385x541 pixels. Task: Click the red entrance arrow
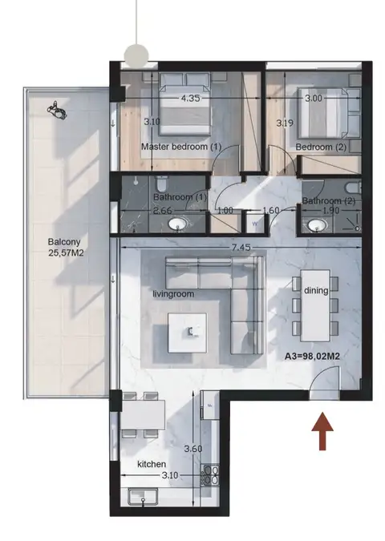pos(322,431)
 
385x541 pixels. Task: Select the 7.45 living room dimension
pos(241,248)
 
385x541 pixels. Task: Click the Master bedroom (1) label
pos(181,147)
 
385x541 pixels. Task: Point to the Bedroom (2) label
pos(321,147)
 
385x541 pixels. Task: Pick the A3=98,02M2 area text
pos(312,357)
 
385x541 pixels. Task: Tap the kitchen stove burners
pos(209,475)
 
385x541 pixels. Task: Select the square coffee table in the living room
pos(187,333)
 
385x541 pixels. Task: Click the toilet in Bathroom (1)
pos(161,184)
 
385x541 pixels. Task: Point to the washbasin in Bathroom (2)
pos(318,226)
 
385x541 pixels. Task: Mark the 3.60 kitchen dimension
pos(193,449)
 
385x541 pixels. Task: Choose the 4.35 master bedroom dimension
pos(190,99)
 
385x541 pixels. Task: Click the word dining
pos(316,290)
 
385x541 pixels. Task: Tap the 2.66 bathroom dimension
pos(162,211)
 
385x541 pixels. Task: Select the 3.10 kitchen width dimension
pos(170,475)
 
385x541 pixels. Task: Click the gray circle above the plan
pos(136,55)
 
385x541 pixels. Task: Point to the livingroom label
pos(173,294)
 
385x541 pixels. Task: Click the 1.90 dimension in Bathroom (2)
pos(330,211)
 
